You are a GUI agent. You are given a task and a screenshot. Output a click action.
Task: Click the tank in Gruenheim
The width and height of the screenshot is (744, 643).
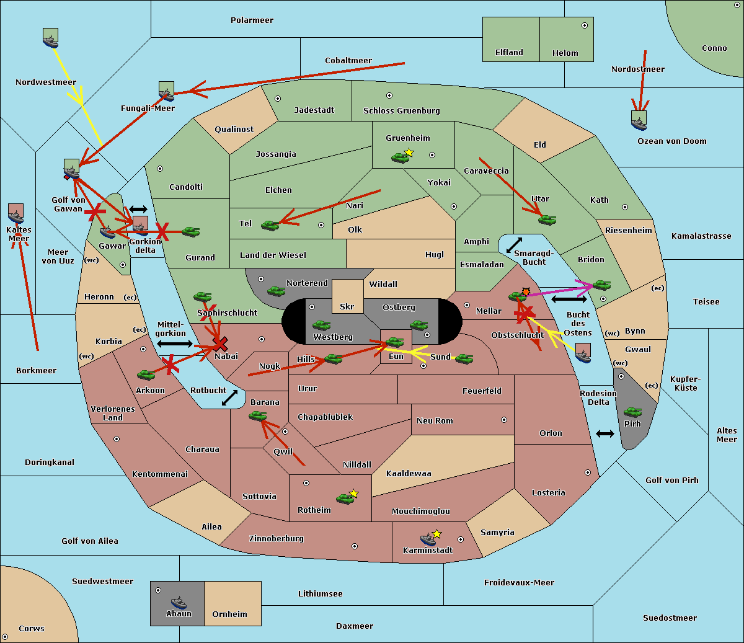click(x=401, y=158)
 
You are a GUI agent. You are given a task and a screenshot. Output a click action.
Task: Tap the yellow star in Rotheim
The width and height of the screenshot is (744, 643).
click(x=353, y=493)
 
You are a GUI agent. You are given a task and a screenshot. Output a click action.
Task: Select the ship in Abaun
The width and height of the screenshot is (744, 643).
click(x=179, y=602)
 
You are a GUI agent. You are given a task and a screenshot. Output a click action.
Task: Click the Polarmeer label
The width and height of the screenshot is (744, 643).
click(x=252, y=20)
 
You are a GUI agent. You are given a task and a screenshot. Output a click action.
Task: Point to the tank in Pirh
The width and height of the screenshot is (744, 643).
click(x=632, y=412)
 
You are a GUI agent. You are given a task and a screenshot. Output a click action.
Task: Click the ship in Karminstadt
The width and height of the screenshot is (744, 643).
click(x=428, y=539)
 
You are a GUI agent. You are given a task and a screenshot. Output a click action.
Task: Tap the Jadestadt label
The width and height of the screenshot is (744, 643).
click(x=314, y=110)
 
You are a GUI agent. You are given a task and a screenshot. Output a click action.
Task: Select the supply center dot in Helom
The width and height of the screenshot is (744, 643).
click(x=585, y=25)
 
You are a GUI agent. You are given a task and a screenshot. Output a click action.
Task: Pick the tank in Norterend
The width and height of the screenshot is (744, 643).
click(x=276, y=291)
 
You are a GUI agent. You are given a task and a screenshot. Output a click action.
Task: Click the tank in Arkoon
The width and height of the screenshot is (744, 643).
click(x=146, y=375)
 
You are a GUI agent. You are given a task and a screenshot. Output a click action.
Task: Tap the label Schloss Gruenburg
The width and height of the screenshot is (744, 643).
click(x=402, y=111)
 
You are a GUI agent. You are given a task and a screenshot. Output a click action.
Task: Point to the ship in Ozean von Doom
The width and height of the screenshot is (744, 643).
click(x=639, y=121)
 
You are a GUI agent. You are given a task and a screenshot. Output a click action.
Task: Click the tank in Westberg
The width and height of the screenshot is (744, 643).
click(x=321, y=326)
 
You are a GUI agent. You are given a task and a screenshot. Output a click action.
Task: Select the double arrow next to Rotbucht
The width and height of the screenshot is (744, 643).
click(x=229, y=397)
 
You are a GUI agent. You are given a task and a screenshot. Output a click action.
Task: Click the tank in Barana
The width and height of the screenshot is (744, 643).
click(x=258, y=417)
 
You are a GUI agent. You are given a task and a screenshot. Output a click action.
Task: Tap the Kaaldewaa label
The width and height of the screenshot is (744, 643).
click(x=409, y=474)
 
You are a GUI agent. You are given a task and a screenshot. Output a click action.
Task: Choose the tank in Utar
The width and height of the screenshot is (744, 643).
click(x=547, y=220)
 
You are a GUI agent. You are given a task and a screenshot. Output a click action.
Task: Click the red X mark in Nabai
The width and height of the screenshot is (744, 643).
click(x=220, y=344)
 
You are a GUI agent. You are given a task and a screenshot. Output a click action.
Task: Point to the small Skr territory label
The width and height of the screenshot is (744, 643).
click(x=347, y=306)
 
